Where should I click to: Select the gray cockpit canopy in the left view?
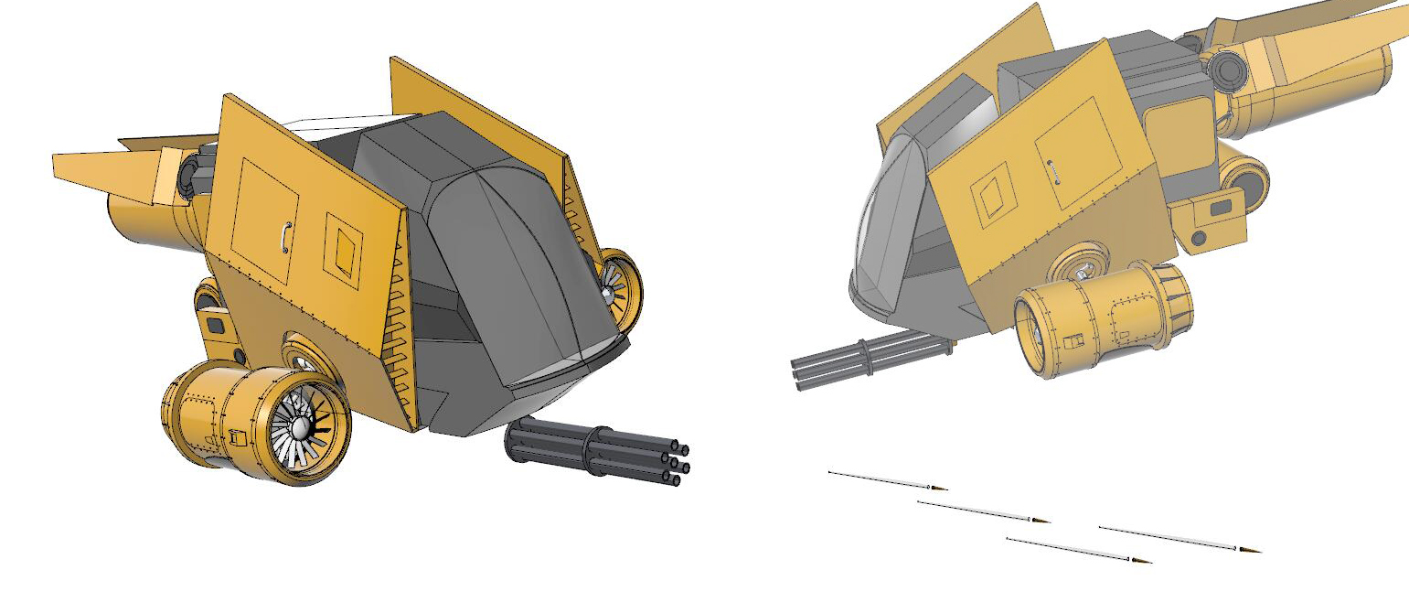(512, 265)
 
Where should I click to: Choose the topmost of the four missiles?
(887, 480)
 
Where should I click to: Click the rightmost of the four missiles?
(1180, 539)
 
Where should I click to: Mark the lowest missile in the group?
(1079, 550)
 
